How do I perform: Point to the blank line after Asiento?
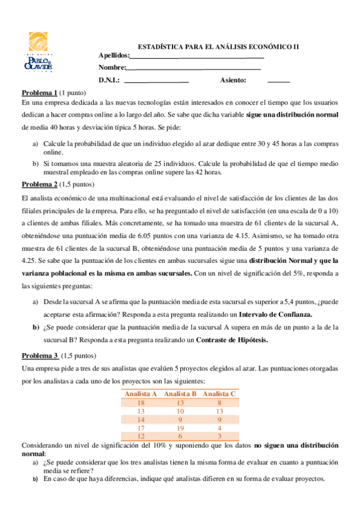point(278,81)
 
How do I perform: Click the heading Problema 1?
point(40,93)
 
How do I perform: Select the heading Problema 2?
point(40,183)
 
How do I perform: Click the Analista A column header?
point(141,393)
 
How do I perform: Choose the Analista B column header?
point(180,393)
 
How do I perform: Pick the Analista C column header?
point(219,393)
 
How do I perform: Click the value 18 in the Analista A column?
point(141,402)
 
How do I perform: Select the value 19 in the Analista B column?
point(180,427)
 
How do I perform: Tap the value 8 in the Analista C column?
point(220,402)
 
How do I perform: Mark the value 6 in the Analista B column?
point(180,435)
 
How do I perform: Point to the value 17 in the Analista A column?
point(141,427)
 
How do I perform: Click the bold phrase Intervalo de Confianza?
point(276,314)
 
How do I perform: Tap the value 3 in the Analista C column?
point(220,435)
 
